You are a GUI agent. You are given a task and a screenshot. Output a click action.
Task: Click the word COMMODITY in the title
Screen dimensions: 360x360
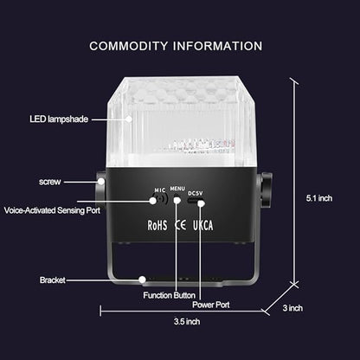click(x=128, y=46)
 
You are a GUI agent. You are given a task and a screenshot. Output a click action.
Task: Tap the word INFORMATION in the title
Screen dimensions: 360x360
click(x=218, y=46)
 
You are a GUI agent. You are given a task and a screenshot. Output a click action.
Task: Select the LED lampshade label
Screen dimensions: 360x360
click(x=59, y=119)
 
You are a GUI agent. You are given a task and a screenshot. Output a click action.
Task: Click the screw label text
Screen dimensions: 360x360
click(x=50, y=182)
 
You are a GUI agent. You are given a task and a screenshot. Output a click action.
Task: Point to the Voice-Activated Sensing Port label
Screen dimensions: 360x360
click(x=52, y=210)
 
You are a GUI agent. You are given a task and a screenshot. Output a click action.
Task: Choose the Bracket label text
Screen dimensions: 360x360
click(x=53, y=280)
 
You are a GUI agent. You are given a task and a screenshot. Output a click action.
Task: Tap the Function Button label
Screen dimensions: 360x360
click(x=170, y=295)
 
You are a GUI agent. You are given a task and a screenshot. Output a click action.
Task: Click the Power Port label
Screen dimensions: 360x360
click(x=211, y=305)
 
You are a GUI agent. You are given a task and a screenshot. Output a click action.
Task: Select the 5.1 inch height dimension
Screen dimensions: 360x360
click(x=319, y=198)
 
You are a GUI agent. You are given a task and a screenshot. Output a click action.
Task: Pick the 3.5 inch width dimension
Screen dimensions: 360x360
click(x=187, y=321)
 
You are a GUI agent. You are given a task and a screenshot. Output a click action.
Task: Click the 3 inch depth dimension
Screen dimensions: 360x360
click(x=292, y=308)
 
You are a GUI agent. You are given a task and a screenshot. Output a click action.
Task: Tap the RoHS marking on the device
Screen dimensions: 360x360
click(x=157, y=225)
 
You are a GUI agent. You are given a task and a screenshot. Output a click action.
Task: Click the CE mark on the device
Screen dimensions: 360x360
click(x=180, y=225)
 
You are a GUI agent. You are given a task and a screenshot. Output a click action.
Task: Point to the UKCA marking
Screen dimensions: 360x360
click(x=203, y=225)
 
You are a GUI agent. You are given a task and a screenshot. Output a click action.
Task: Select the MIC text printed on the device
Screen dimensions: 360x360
click(x=160, y=190)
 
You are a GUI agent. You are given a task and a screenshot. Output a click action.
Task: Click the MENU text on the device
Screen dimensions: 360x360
click(x=177, y=189)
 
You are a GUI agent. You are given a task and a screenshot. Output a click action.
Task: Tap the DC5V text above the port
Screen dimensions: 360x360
click(x=196, y=193)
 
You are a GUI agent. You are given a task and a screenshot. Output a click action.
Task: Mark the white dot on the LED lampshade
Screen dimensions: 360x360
click(x=129, y=119)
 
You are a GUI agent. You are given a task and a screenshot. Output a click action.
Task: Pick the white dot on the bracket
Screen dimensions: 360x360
click(x=142, y=280)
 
